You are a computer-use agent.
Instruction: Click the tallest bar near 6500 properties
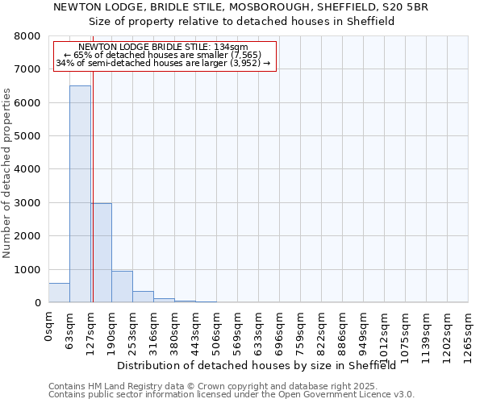click(80, 193)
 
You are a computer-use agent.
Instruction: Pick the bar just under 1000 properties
click(122, 286)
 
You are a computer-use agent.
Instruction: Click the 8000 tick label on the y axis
click(27, 36)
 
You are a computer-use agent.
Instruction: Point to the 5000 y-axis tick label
click(27, 136)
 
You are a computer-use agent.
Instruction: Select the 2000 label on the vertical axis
click(27, 236)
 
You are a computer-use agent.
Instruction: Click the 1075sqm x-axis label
click(405, 332)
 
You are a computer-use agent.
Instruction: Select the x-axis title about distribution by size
click(261, 365)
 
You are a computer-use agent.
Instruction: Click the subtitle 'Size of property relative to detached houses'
click(241, 22)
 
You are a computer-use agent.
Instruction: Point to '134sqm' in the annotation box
click(232, 48)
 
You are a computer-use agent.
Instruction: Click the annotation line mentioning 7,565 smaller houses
click(164, 55)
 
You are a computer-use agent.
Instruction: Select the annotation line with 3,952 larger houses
click(164, 63)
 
